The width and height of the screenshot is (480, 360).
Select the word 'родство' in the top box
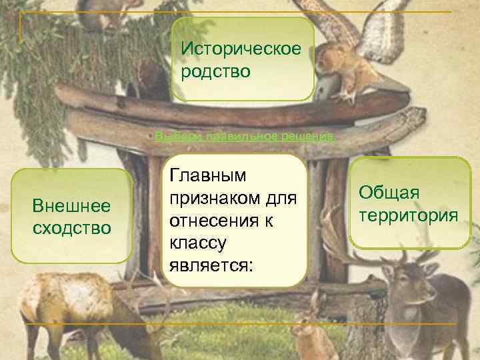(215, 71)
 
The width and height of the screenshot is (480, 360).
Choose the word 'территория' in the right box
(407, 215)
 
